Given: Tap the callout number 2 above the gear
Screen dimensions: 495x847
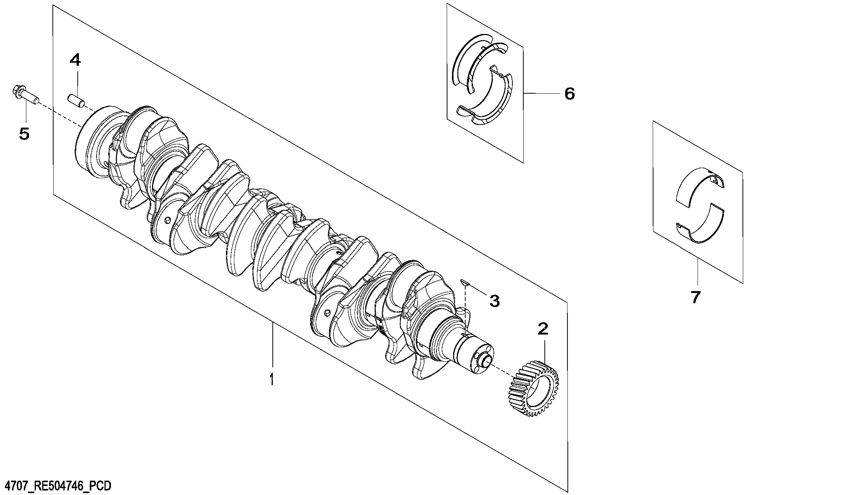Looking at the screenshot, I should [x=543, y=329].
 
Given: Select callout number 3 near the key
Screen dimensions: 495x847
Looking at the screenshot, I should [x=495, y=301].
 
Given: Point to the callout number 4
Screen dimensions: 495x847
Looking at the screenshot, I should [x=75, y=60].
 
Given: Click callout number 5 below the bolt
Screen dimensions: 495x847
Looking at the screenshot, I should [x=25, y=134].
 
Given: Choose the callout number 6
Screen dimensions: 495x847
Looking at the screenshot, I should [x=569, y=93].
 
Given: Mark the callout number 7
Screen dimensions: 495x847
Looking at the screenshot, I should [x=695, y=297].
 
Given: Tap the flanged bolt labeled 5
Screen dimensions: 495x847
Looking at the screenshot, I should [x=24, y=95].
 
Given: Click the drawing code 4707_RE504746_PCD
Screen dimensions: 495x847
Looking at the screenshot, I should [x=56, y=486].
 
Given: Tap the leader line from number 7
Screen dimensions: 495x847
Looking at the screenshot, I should [x=697, y=270].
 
